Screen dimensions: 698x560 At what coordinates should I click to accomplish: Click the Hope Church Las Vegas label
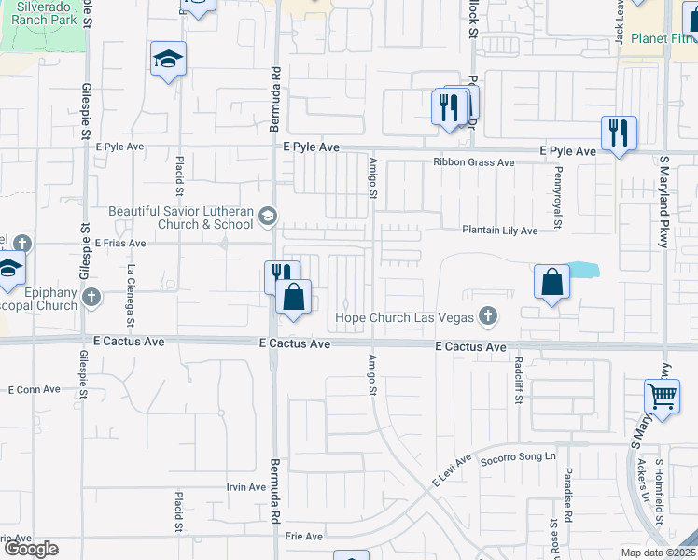tap(404, 317)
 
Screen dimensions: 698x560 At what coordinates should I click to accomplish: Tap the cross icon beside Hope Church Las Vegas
tap(486, 317)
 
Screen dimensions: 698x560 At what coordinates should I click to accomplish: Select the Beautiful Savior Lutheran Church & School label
tap(181, 217)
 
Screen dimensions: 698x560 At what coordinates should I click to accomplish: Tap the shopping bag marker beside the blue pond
tap(552, 281)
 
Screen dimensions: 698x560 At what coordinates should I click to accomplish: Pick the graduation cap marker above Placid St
tap(168, 60)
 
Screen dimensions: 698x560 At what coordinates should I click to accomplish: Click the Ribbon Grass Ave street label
tap(473, 162)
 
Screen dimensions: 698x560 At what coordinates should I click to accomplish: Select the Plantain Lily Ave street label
tap(500, 231)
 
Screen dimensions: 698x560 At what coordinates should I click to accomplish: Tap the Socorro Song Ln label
tap(518, 457)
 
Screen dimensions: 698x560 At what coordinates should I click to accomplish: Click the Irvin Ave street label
tap(247, 487)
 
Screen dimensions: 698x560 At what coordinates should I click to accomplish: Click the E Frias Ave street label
tap(119, 243)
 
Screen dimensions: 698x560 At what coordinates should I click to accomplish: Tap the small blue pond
tap(582, 271)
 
